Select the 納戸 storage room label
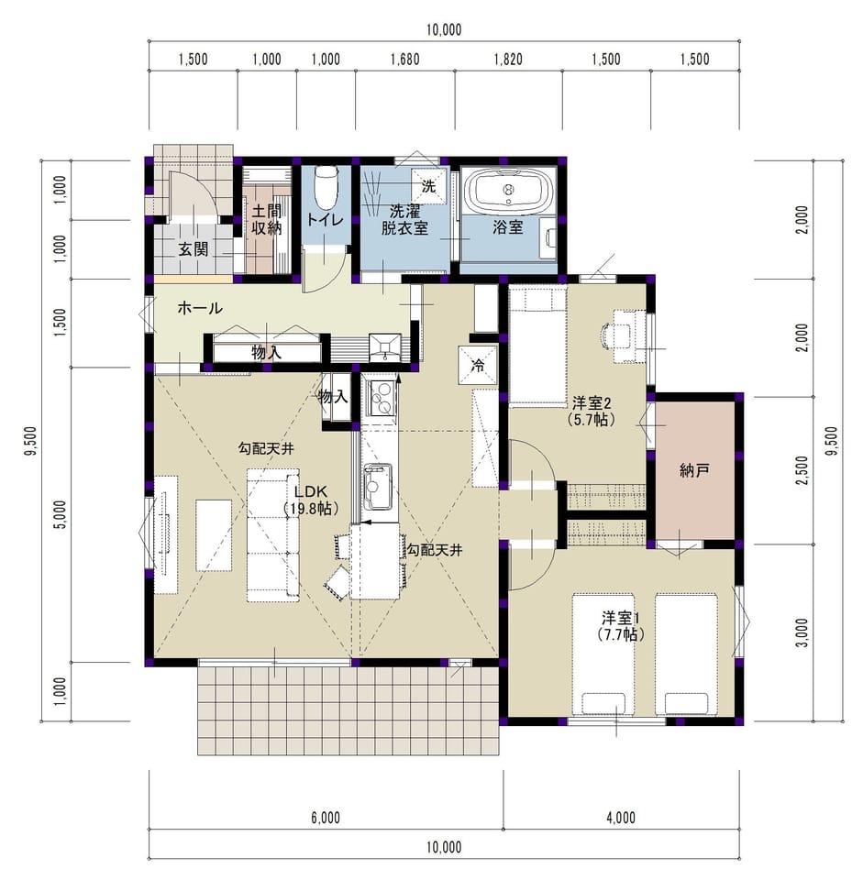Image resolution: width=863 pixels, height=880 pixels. [x=694, y=470]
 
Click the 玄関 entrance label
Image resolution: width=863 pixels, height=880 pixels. [x=194, y=249]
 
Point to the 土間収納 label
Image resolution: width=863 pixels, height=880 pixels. [x=266, y=219]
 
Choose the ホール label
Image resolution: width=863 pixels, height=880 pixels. [x=200, y=308]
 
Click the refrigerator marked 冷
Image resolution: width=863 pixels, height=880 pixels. [x=478, y=366]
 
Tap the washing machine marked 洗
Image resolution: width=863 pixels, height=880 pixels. [x=429, y=186]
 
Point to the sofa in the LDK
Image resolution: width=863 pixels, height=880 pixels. [x=273, y=535]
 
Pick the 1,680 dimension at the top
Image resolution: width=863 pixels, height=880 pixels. [x=404, y=59]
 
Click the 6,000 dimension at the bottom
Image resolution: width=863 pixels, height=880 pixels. [x=326, y=818]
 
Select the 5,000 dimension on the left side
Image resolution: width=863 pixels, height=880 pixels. [x=61, y=514]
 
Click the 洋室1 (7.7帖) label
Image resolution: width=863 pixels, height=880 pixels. [x=621, y=626]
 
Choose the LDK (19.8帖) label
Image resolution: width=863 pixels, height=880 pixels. [x=311, y=500]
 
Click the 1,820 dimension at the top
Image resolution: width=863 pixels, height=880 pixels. [x=508, y=59]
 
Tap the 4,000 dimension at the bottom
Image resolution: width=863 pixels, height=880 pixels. [x=621, y=818]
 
